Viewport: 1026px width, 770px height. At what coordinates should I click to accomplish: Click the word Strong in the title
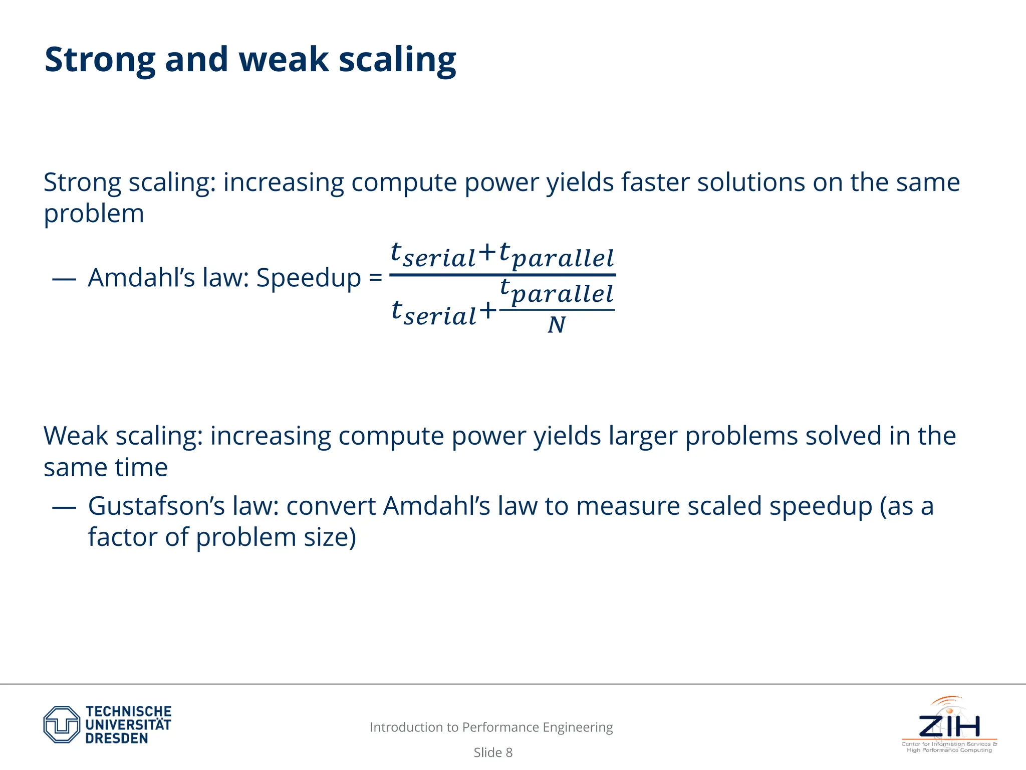[100, 60]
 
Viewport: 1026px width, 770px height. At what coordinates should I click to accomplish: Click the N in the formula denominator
[556, 325]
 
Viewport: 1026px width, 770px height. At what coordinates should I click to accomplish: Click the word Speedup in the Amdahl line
[308, 278]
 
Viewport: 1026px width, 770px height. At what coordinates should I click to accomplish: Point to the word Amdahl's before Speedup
[141, 278]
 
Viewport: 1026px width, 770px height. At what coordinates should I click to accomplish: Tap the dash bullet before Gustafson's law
[64, 507]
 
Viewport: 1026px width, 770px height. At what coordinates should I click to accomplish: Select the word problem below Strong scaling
[94, 215]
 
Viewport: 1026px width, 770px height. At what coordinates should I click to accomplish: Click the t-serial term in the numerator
[432, 256]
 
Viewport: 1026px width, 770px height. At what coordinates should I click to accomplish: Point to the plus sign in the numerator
[487, 252]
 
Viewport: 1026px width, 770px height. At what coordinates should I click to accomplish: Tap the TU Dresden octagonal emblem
[62, 724]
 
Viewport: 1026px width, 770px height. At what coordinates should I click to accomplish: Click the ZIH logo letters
[949, 726]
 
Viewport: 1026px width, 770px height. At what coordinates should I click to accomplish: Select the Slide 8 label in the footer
[493, 752]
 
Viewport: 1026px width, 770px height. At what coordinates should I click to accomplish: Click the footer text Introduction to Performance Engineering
[491, 727]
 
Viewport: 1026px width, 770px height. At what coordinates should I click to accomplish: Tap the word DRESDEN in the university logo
[116, 738]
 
